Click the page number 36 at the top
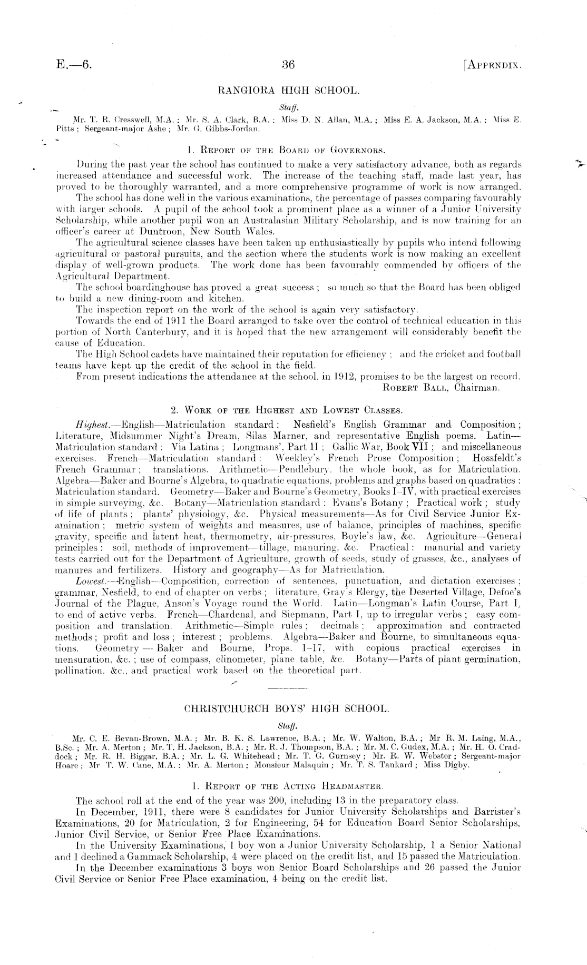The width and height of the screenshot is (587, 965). click(288, 65)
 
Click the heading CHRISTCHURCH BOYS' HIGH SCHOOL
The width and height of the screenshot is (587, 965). click(286, 708)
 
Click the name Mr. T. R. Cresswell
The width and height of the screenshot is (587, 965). click(105, 120)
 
